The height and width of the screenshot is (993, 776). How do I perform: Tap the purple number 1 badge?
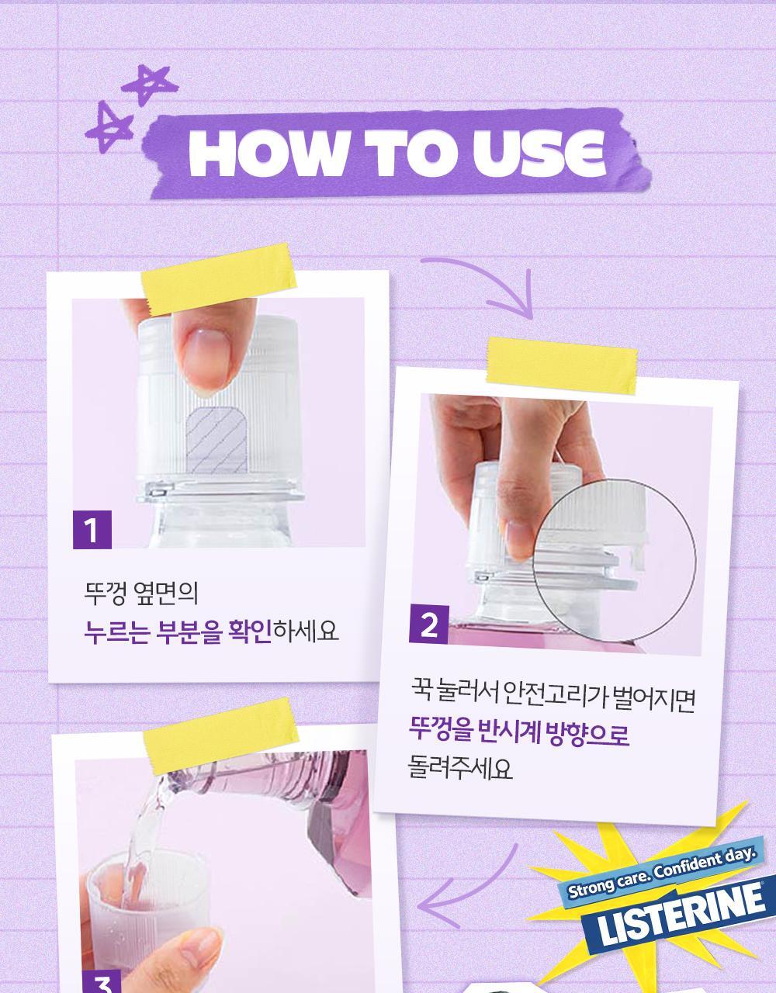92,530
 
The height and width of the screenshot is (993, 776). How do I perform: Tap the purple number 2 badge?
428,625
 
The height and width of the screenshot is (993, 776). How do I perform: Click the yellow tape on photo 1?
219,279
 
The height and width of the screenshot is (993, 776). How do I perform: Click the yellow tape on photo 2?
562,366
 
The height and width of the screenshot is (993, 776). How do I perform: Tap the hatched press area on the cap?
217,440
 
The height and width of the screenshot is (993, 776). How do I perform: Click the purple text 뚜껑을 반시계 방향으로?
518,732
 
